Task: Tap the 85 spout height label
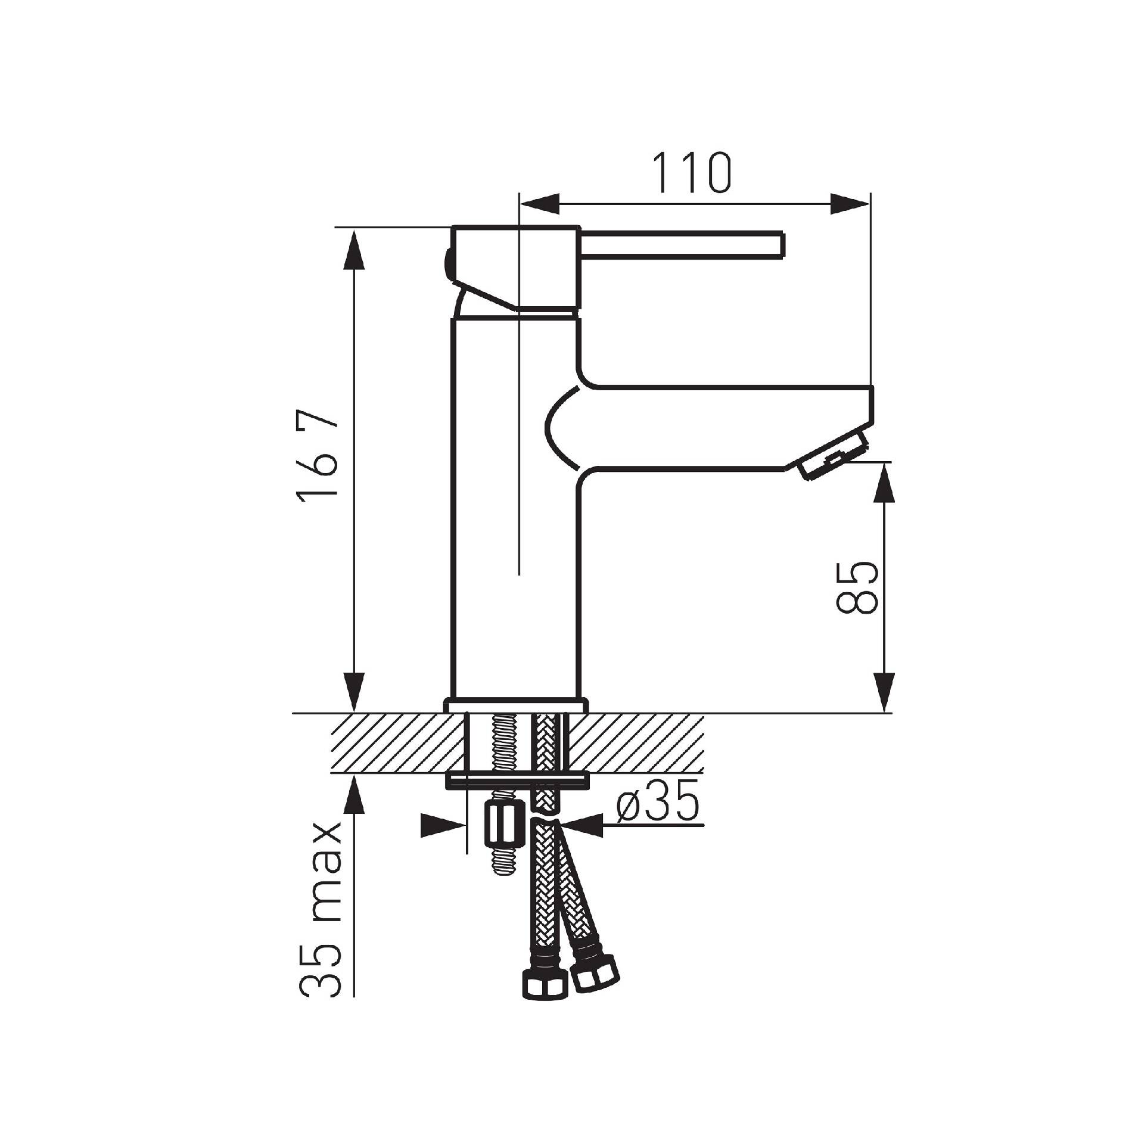[x=857, y=586]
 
